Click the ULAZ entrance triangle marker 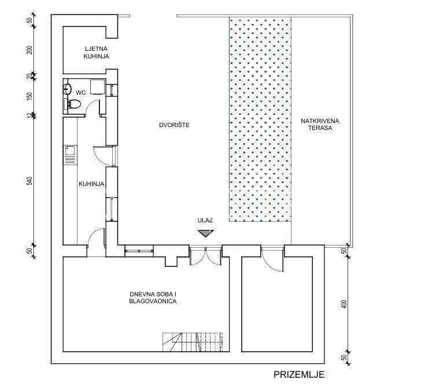click(x=205, y=233)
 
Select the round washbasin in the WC click(x=67, y=88)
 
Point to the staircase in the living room click(x=193, y=342)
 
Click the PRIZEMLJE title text click(x=299, y=375)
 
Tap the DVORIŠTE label click(x=174, y=125)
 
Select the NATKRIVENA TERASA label click(x=320, y=124)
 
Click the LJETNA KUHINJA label click(x=96, y=53)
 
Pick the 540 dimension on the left click(x=29, y=181)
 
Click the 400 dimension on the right click(x=345, y=304)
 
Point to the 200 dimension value click(x=29, y=50)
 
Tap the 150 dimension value click(x=29, y=96)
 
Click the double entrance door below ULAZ click(x=206, y=256)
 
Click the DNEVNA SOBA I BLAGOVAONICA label click(x=153, y=297)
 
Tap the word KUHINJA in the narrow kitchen click(x=91, y=184)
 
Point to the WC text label click(x=80, y=92)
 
